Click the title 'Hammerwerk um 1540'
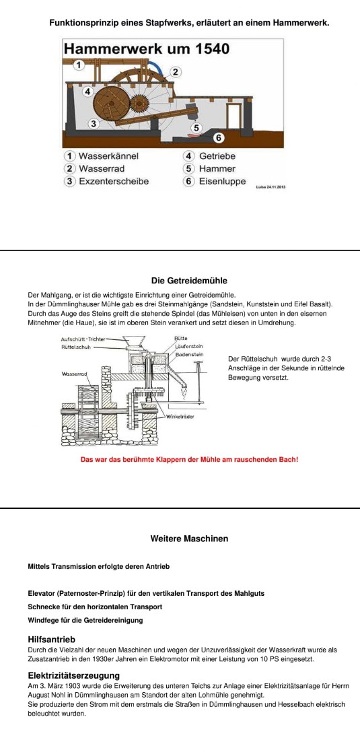pos(147,48)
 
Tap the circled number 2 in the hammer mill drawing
pos(176,73)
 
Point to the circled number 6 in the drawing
pos(218,138)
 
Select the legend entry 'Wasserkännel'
pos(102,156)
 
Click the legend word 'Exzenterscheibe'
pos(114,181)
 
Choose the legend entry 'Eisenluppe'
pos(223,181)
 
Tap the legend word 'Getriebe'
pos(217,156)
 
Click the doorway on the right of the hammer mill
pos(234,116)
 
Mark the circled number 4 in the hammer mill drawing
pos(87,91)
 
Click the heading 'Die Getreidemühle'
pos(189,281)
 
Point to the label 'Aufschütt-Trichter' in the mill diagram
pos(83,339)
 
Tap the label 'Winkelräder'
pos(180,417)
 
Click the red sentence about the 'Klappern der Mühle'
pos(189,459)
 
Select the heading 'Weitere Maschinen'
pos(189,539)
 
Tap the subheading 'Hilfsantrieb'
pos(52,640)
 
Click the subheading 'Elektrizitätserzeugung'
pos(74,676)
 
